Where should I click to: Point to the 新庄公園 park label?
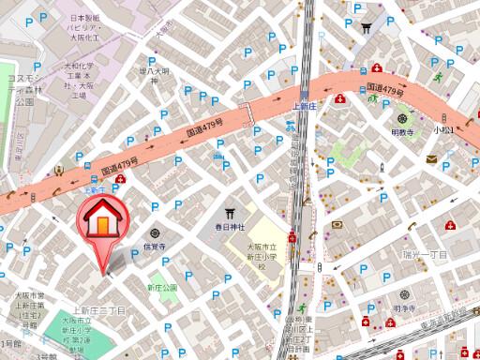161,288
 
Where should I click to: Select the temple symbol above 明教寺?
404,119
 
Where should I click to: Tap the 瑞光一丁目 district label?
427,254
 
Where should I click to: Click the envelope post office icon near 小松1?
430,159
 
